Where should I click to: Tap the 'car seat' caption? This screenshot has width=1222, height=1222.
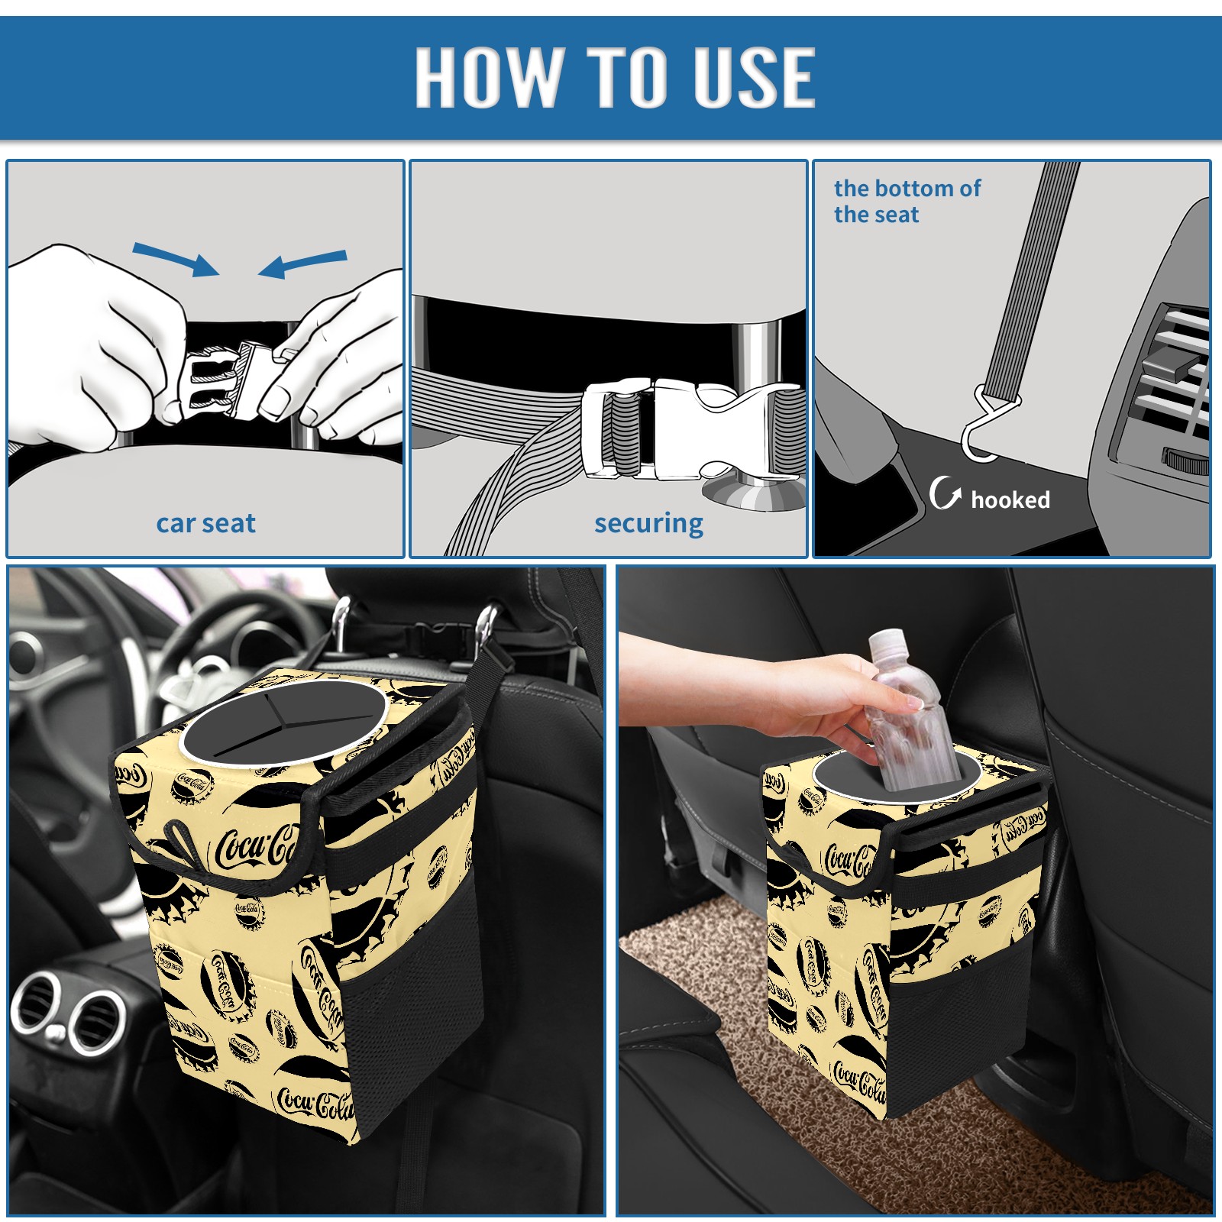[x=205, y=523]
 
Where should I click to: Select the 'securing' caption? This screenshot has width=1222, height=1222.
[x=648, y=524]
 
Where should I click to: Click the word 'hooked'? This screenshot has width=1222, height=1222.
[x=1010, y=499]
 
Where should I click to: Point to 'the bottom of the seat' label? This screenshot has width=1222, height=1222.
[x=907, y=201]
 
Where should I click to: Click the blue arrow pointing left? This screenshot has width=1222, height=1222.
[x=302, y=263]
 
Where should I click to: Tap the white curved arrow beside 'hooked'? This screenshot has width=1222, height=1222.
[x=945, y=493]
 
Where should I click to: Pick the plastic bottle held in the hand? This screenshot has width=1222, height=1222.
[x=910, y=710]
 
